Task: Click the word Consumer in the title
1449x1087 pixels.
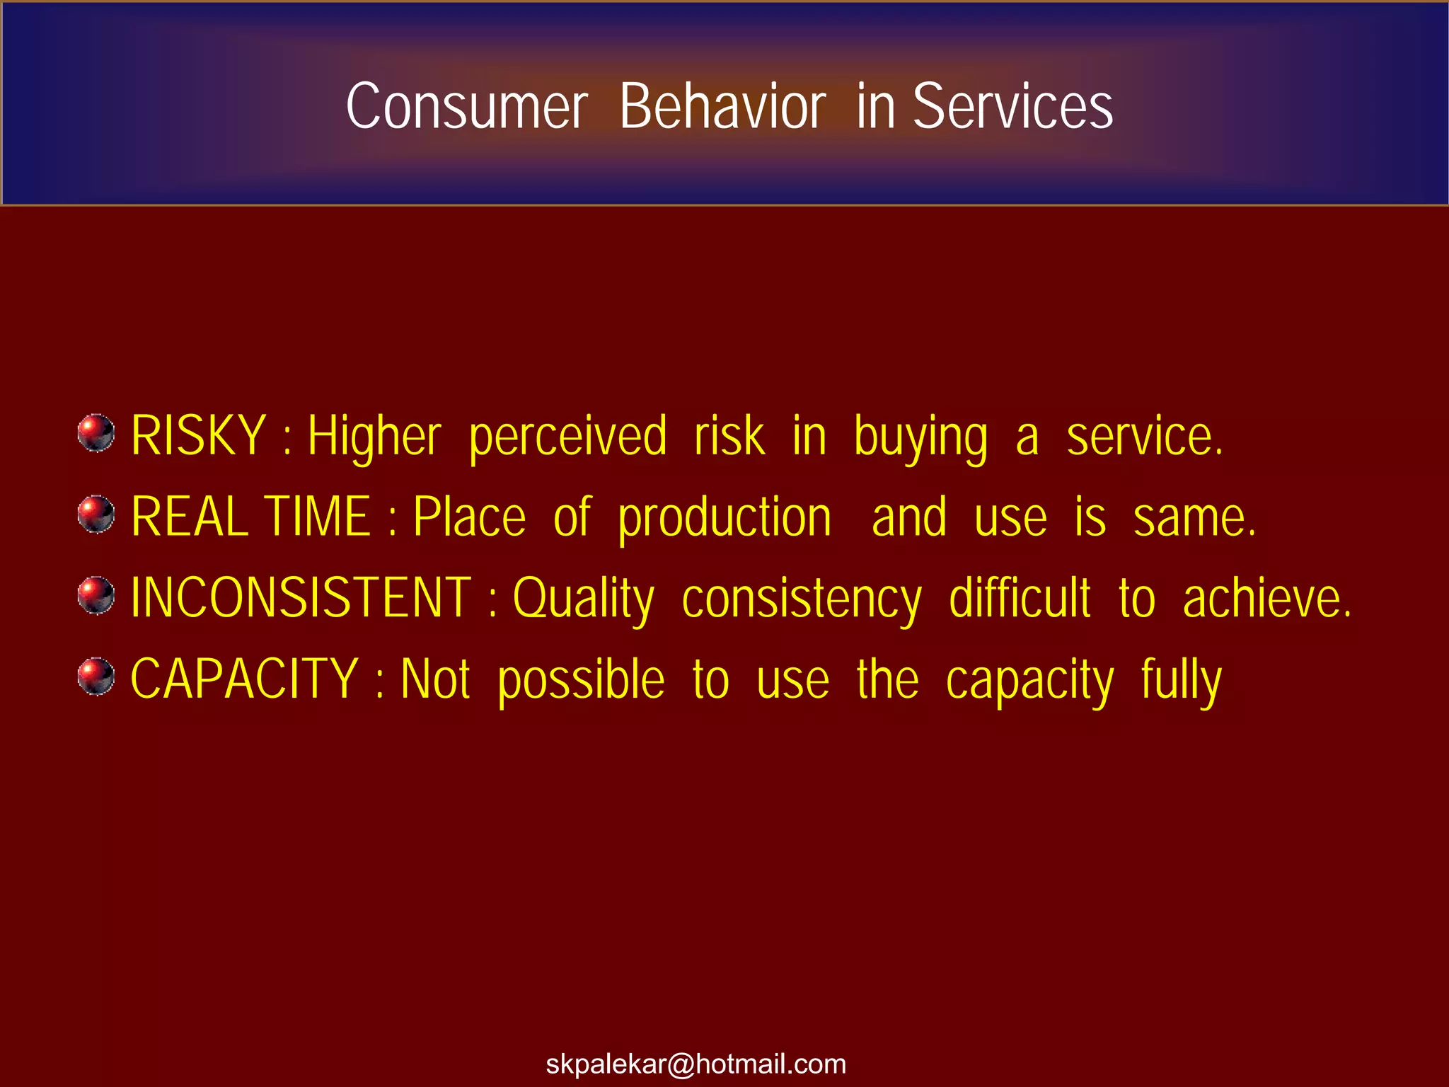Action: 467,106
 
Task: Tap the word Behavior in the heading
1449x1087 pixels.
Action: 722,106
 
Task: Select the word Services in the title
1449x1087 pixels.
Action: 1012,106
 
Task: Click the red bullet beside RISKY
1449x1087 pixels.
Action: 96,433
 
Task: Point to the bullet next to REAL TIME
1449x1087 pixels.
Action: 96,514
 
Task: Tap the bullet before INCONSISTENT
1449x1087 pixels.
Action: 96,596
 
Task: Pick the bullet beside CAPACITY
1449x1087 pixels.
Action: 96,677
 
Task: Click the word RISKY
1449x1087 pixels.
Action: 199,436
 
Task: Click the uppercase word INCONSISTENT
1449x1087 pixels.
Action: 301,599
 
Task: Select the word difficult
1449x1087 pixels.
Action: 1020,599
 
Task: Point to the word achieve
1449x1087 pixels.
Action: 1266,599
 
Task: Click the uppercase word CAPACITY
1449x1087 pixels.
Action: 244,679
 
